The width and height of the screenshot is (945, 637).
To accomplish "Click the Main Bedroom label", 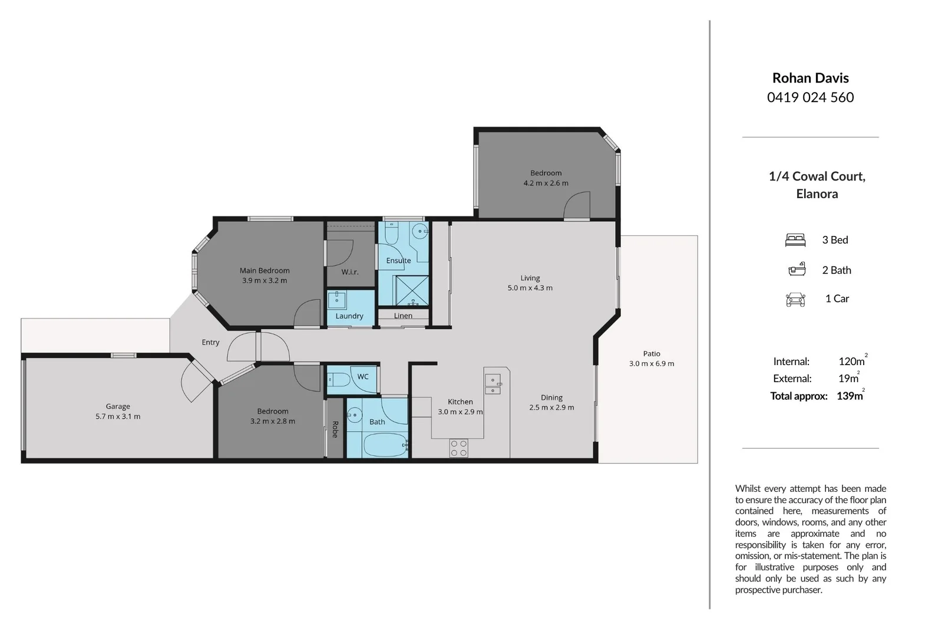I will [x=265, y=271].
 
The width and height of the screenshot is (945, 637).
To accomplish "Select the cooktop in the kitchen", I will [x=459, y=448].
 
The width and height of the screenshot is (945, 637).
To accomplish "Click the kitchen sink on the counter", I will [x=493, y=383].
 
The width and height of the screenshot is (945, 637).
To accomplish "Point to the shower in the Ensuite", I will [x=411, y=290].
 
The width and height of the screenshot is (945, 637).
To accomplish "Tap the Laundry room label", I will [x=349, y=316].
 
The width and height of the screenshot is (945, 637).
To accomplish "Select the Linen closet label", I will [x=403, y=316].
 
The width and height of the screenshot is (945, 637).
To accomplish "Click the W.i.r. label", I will [x=350, y=272].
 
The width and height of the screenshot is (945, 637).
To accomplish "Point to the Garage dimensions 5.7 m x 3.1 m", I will [x=118, y=416].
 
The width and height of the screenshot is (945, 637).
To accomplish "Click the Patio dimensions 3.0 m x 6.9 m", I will [x=652, y=364].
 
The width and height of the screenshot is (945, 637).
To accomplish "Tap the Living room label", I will [x=530, y=278].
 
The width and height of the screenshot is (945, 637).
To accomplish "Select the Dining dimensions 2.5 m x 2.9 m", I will [x=551, y=408].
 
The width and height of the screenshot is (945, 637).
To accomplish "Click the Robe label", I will [x=335, y=429].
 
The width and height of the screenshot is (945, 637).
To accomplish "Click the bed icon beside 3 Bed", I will [x=795, y=240].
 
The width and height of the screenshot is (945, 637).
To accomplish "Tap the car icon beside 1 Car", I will [x=795, y=299].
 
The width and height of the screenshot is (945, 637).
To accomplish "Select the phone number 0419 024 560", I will [x=810, y=97].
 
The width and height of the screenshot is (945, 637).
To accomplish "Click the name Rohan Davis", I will [x=810, y=78].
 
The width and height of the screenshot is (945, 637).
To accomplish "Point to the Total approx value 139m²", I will [x=850, y=396].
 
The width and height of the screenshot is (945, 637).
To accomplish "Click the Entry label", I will [x=210, y=342].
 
